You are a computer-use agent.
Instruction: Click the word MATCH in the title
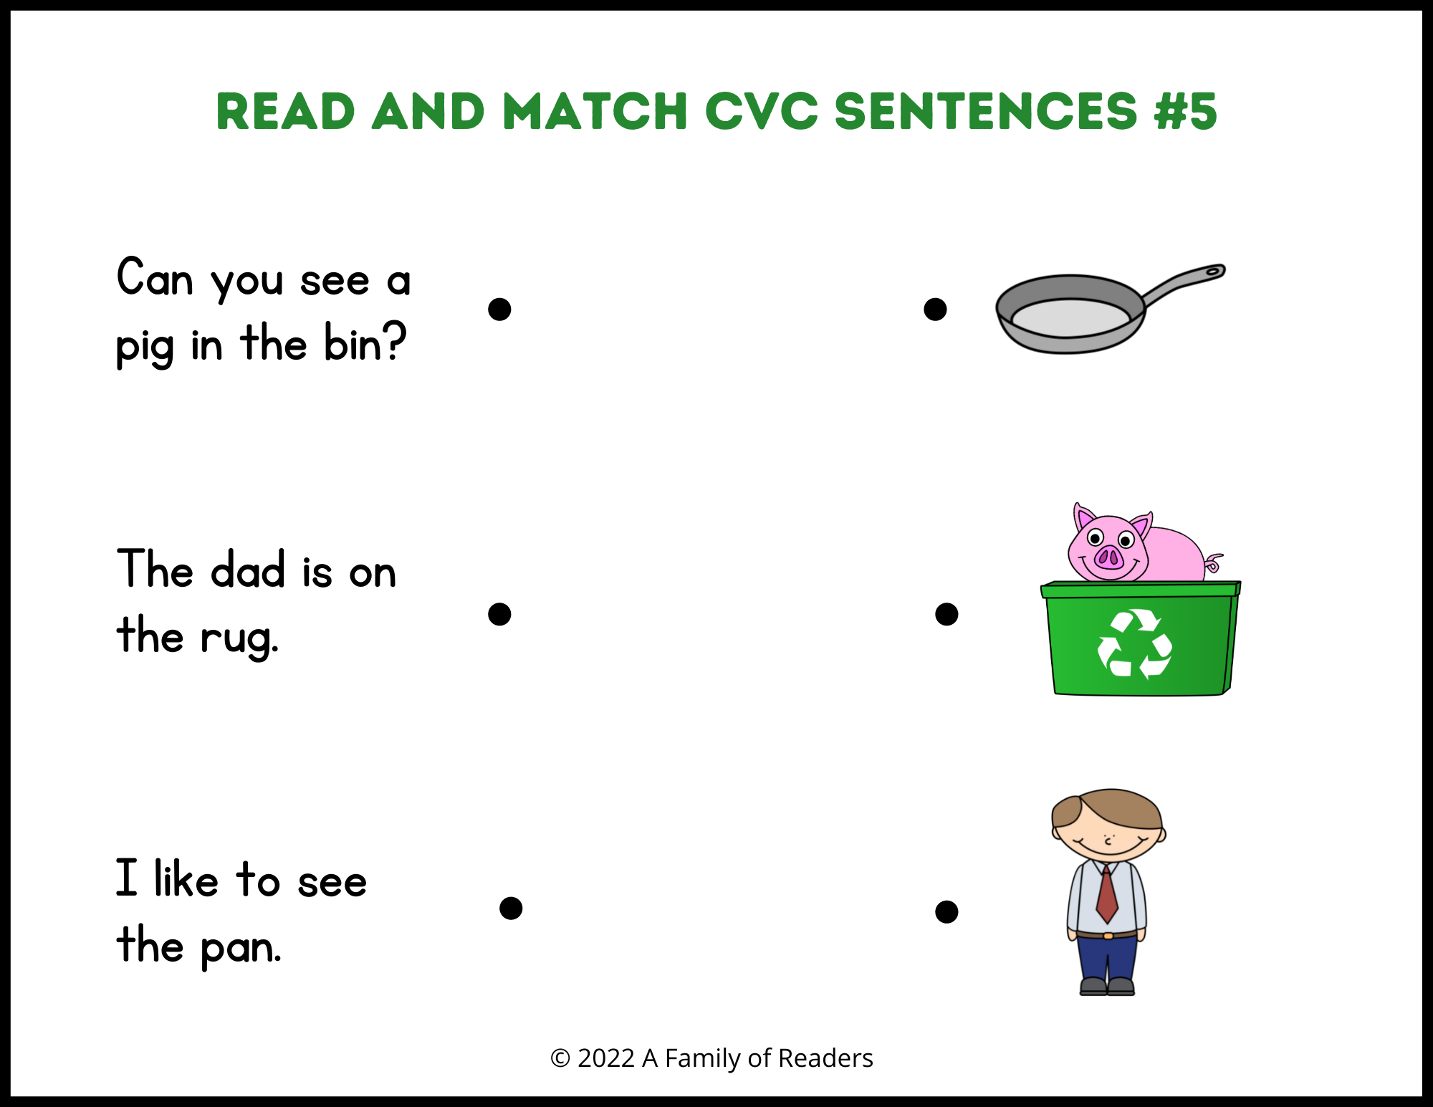(595, 112)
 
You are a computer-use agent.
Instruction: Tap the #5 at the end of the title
(1186, 112)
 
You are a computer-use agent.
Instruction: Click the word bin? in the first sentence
(365, 342)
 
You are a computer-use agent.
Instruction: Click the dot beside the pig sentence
(499, 310)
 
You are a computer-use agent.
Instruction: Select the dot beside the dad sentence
(499, 614)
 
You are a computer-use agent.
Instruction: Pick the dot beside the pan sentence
(511, 908)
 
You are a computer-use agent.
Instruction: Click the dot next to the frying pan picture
(935, 310)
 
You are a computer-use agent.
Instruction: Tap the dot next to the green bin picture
(946, 614)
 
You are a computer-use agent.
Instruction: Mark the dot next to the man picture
(946, 911)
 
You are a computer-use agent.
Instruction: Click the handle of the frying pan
(1182, 284)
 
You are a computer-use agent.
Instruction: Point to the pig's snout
(1109, 557)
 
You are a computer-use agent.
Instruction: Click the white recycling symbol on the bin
(1135, 643)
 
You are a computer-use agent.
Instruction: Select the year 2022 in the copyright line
(606, 1058)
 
